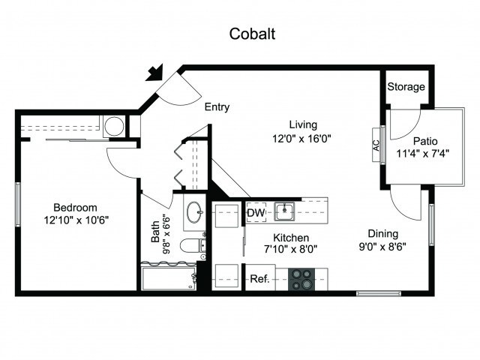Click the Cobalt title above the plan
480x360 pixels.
pyautogui.click(x=252, y=34)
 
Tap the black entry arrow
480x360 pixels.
pyautogui.click(x=155, y=73)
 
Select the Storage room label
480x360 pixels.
pyautogui.click(x=406, y=87)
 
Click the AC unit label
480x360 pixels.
pyautogui.click(x=376, y=145)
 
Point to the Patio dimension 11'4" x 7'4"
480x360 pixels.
pyautogui.click(x=423, y=153)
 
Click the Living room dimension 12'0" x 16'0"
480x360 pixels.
pyautogui.click(x=301, y=139)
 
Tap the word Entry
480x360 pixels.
pyautogui.click(x=217, y=107)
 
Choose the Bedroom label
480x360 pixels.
pyautogui.click(x=75, y=207)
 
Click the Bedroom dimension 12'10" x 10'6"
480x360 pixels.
pyautogui.click(x=76, y=220)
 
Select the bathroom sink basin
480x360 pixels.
pyautogui.click(x=195, y=211)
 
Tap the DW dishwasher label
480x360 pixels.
pyautogui.click(x=256, y=213)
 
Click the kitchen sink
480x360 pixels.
pyautogui.click(x=284, y=211)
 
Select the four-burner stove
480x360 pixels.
pyautogui.click(x=301, y=280)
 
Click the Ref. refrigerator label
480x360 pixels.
pyautogui.click(x=260, y=279)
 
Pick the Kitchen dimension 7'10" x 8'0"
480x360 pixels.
pyautogui.click(x=290, y=248)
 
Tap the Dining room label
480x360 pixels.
pyautogui.click(x=383, y=233)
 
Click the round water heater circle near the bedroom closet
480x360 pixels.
pyautogui.click(x=115, y=126)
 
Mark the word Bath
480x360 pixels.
pyautogui.click(x=155, y=232)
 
